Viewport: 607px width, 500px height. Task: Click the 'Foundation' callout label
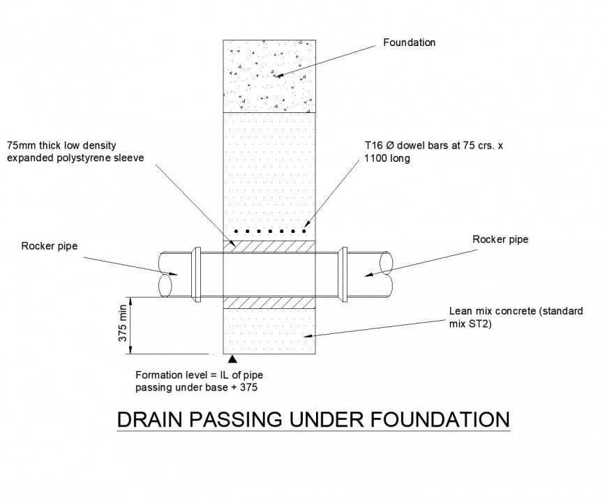click(409, 43)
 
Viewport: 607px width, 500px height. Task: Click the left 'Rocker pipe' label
click(49, 245)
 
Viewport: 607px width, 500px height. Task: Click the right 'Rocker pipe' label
click(500, 239)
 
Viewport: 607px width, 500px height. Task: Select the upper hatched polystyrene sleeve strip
click(269, 245)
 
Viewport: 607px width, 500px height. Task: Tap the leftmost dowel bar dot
click(237, 230)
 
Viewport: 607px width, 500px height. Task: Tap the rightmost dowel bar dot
click(304, 230)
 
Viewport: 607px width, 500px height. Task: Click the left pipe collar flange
click(197, 274)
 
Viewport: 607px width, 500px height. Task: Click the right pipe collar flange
click(343, 274)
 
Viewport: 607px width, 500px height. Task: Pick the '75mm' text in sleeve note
click(20, 146)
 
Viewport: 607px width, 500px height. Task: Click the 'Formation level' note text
click(167, 375)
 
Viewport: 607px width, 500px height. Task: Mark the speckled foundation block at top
click(269, 76)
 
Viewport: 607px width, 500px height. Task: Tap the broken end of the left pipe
click(167, 274)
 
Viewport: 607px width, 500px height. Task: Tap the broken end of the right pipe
click(386, 274)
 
